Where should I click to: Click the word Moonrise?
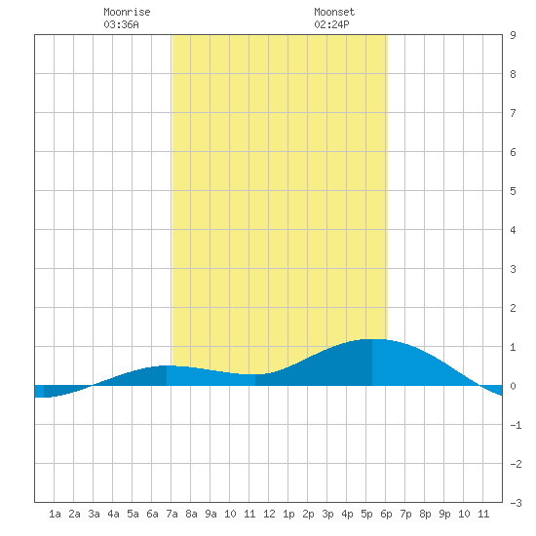(x=127, y=12)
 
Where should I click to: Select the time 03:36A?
(x=121, y=24)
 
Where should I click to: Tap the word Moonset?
(x=334, y=12)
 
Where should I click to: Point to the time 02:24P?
(x=331, y=24)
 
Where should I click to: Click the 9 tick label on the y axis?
(x=513, y=35)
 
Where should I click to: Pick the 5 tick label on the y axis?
(x=513, y=191)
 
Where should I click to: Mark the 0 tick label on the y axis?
(x=513, y=386)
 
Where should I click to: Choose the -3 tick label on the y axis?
(x=516, y=503)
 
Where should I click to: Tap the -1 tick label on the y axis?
(x=516, y=425)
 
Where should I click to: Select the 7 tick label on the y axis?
(x=513, y=113)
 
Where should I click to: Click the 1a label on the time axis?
(x=55, y=514)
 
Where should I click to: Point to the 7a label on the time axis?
(x=172, y=514)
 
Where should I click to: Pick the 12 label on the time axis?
(x=269, y=514)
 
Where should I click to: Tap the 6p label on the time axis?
(x=386, y=514)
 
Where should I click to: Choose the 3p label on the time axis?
(x=327, y=514)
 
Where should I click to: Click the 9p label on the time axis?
(x=444, y=514)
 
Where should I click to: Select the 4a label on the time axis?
(x=113, y=514)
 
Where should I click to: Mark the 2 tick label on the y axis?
(x=513, y=308)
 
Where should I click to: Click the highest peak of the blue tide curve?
(x=372, y=339)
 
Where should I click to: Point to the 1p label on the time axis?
(x=288, y=514)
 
